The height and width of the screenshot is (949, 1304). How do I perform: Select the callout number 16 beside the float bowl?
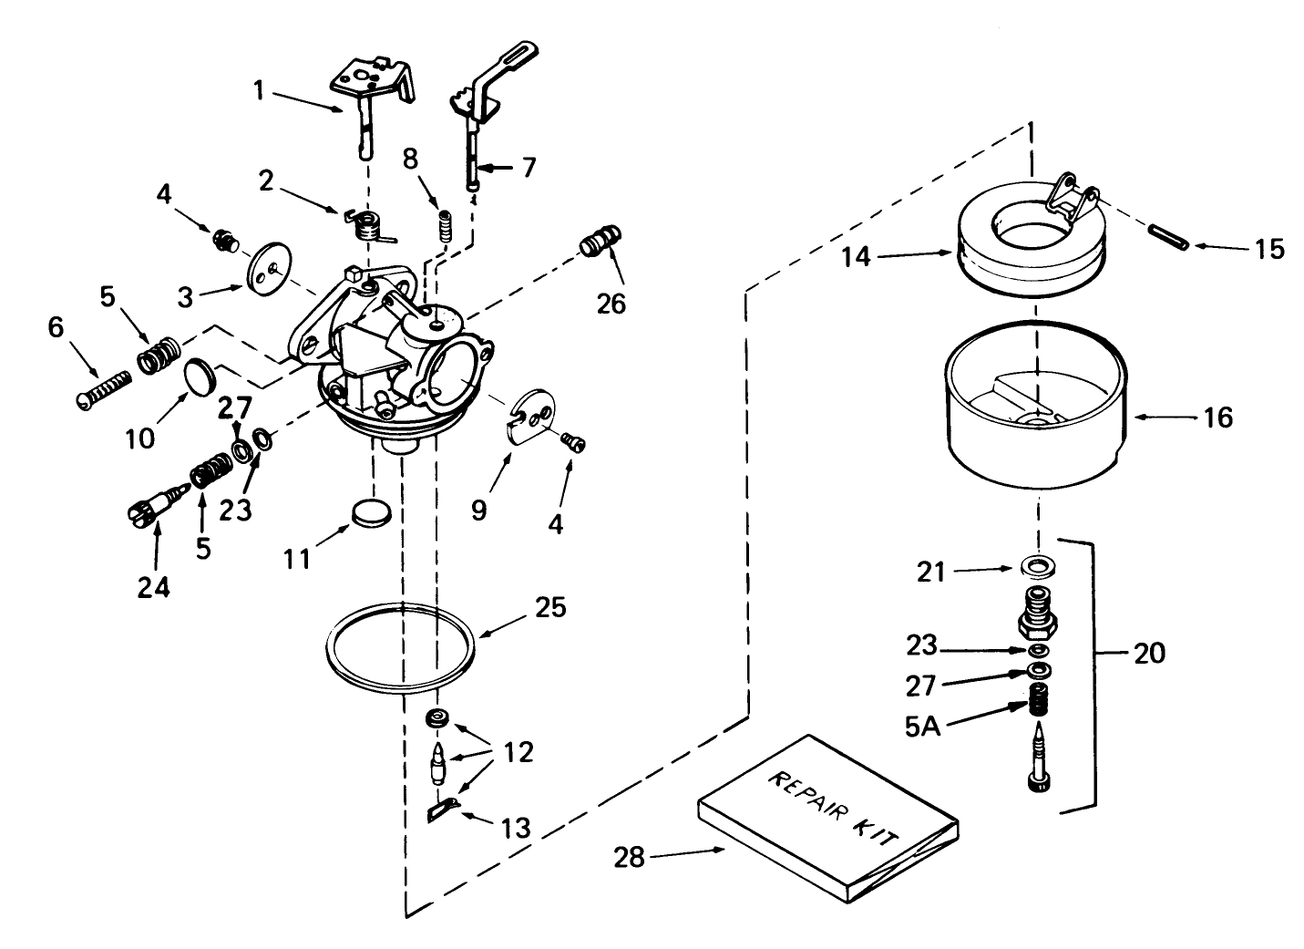tap(1217, 418)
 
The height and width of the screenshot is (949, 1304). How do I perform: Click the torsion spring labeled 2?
tap(369, 224)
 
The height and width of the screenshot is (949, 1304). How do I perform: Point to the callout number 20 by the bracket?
tap(1150, 653)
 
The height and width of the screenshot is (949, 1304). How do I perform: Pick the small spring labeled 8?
tap(446, 224)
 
